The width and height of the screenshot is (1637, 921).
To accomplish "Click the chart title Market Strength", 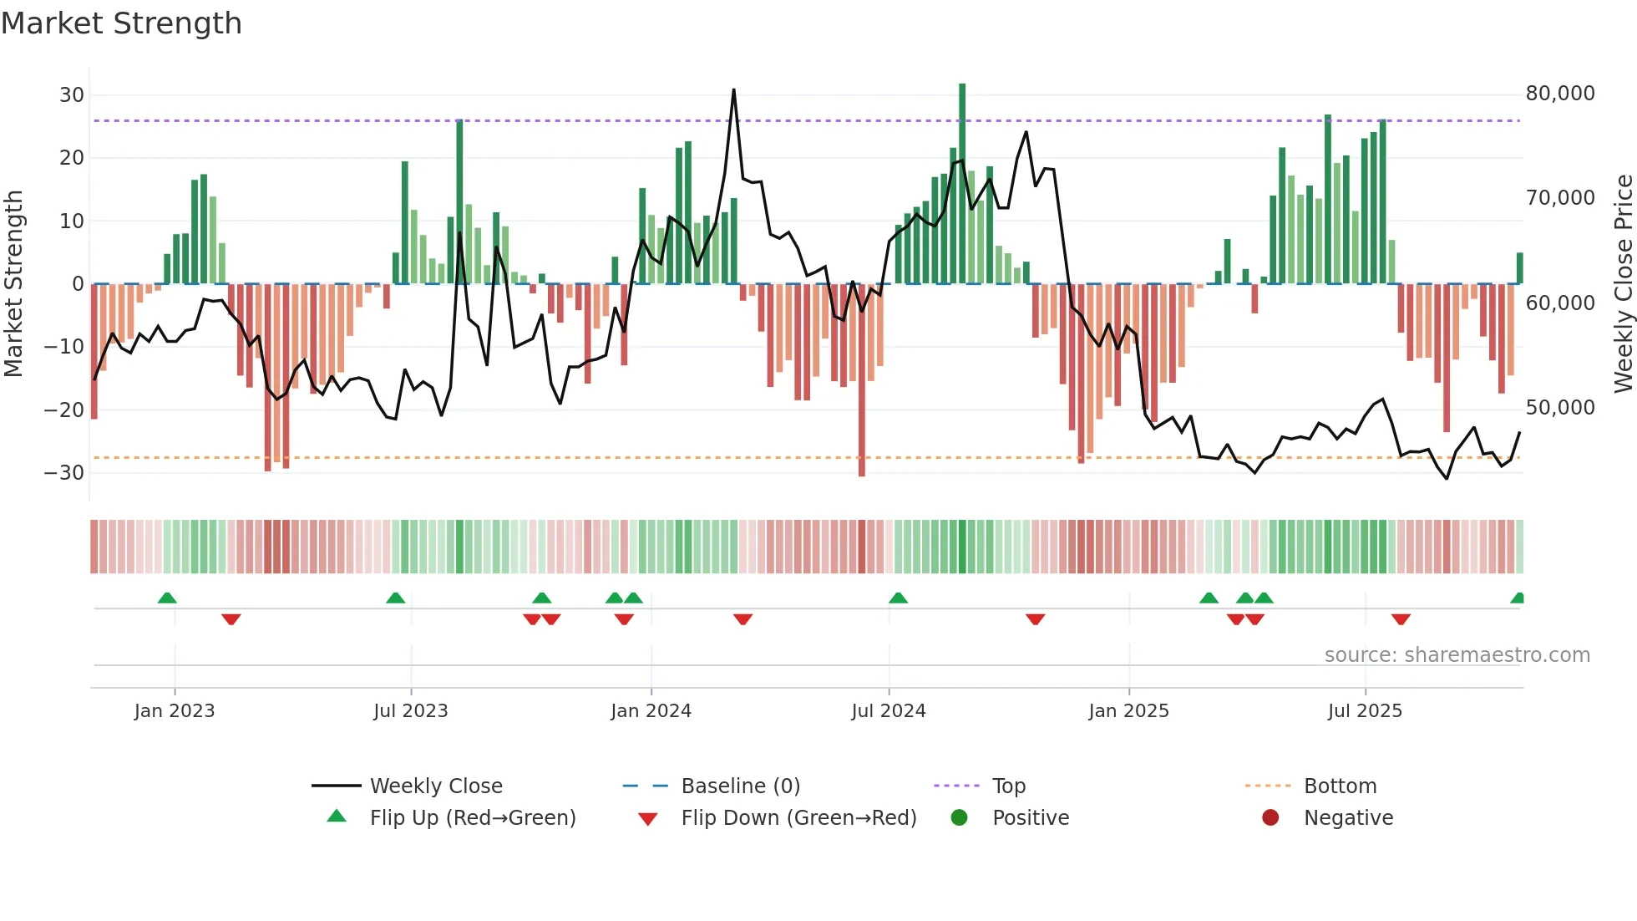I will (121, 23).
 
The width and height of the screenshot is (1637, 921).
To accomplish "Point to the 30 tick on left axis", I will (71, 95).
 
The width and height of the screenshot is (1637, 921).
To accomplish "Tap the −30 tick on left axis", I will (63, 473).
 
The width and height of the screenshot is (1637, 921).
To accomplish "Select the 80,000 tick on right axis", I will (1559, 94).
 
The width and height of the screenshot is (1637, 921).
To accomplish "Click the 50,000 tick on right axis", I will (1559, 408).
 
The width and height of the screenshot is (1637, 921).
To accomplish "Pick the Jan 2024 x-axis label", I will (651, 711).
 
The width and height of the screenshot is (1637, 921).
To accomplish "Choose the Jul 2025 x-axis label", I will (1365, 711).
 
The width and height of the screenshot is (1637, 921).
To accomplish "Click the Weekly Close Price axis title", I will (1623, 284).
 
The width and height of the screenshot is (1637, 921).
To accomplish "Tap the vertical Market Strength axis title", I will (13, 284).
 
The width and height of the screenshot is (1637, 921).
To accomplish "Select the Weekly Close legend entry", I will (435, 786).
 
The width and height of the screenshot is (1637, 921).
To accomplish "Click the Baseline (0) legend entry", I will (740, 786).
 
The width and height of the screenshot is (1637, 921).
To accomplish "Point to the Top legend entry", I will (1008, 786).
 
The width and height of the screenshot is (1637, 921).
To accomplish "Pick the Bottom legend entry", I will (1340, 786).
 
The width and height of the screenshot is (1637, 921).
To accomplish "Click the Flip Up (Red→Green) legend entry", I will (472, 818).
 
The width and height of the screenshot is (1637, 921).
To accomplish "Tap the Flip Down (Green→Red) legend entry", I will (798, 818).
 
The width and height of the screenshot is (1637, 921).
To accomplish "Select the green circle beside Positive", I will (959, 817).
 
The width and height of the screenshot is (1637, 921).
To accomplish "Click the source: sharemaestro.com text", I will (1457, 655).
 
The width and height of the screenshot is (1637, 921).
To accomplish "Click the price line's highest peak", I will (734, 89).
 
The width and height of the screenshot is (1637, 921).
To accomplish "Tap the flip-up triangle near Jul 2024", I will (898, 598).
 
